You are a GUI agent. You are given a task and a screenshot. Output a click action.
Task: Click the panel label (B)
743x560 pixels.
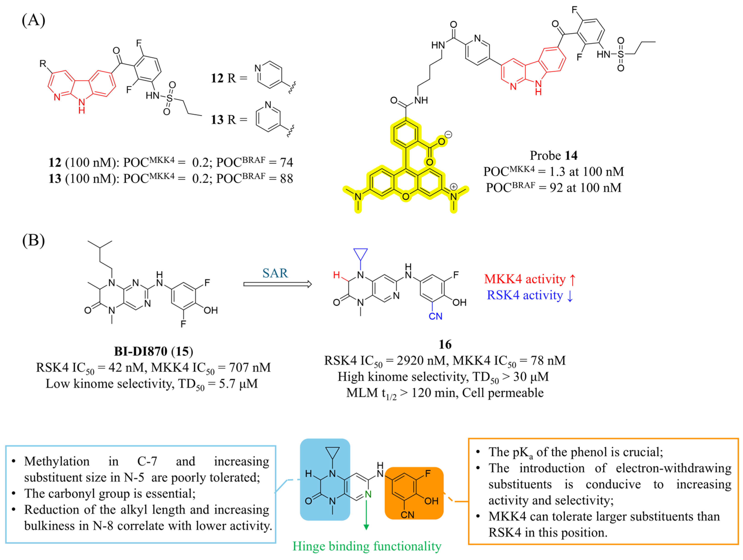[x=33, y=240]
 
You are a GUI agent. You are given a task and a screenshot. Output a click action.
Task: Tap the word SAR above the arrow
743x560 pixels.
[x=275, y=273]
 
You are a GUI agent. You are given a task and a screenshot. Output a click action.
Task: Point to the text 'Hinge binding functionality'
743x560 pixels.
[x=367, y=546]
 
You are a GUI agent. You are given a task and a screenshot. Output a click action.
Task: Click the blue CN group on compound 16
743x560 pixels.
[x=435, y=316]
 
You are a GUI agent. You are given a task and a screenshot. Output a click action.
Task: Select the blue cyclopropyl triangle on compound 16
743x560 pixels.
[x=360, y=254]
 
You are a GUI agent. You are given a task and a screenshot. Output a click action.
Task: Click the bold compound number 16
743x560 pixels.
[x=445, y=344]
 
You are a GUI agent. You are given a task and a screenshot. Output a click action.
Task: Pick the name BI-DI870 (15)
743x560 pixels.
[x=153, y=351]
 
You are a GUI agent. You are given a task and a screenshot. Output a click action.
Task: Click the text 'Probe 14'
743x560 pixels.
[x=554, y=155]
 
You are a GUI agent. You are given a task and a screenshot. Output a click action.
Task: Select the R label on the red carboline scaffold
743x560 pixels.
[x=43, y=63]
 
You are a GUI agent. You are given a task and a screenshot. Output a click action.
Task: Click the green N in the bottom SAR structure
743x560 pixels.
[x=368, y=494]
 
